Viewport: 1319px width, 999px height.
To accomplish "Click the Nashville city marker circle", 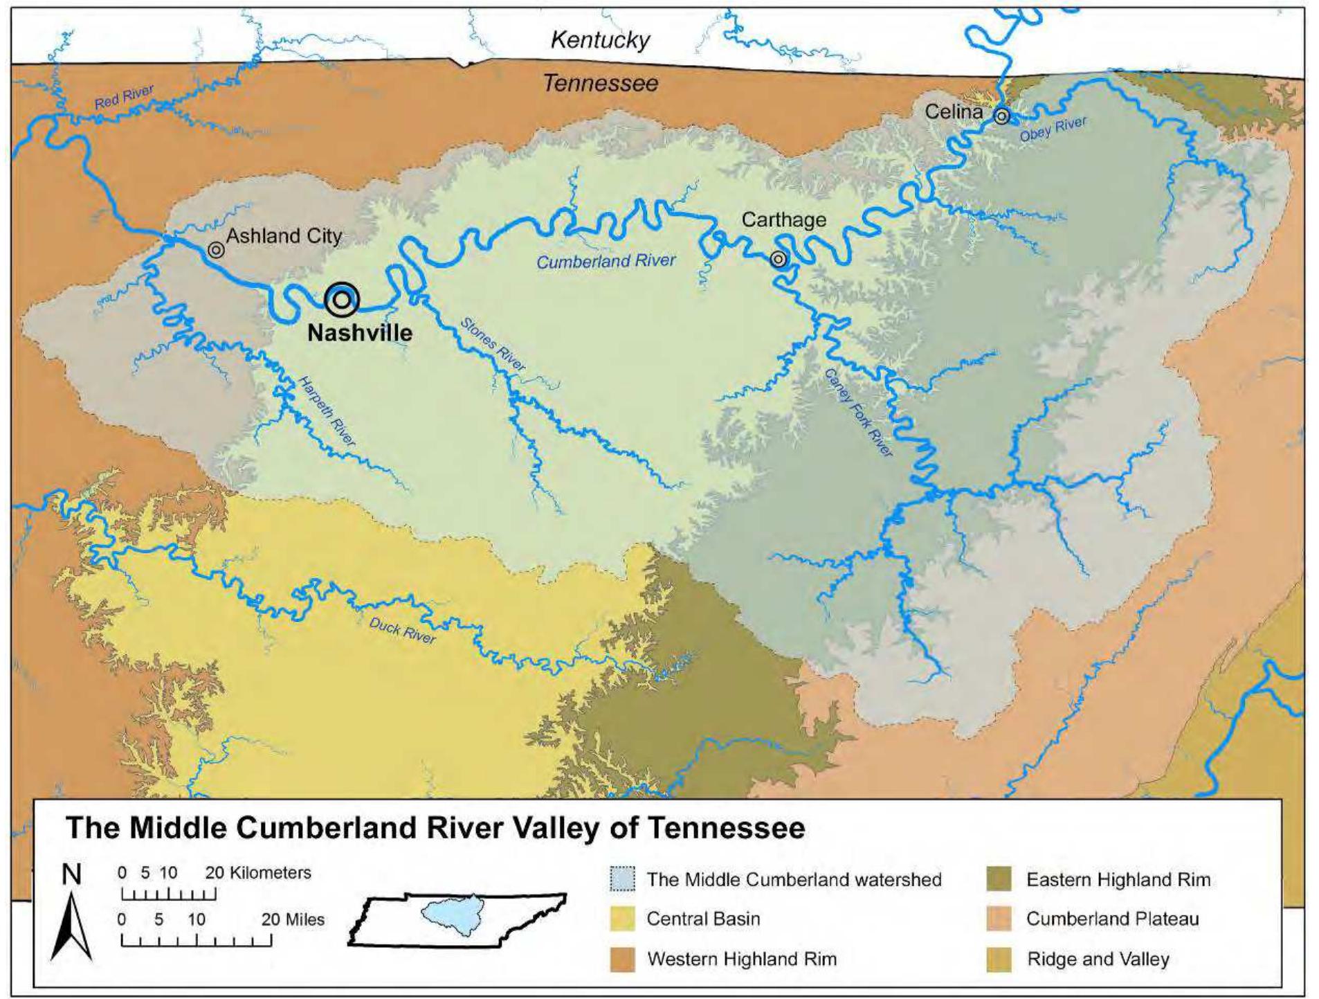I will coord(342,300).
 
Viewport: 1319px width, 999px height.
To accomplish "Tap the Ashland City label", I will coord(284,236).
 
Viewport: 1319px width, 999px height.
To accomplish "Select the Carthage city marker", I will coord(779,259).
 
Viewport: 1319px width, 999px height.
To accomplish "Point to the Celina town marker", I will coord(1001,116).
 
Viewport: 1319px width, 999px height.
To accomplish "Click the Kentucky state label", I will coord(600,40).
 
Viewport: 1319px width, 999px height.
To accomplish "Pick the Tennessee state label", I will coord(600,84).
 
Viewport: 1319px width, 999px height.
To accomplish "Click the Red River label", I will coord(124,97).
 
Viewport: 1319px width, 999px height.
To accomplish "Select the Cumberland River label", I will coord(606,261).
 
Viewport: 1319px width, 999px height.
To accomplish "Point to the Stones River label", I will coord(493,344).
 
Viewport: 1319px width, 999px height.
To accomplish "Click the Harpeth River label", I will coord(327,411).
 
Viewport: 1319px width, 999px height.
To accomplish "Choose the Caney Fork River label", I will coord(858,413).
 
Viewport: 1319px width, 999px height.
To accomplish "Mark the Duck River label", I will coord(402,630).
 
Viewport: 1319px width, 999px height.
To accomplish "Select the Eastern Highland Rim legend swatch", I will coord(999,879).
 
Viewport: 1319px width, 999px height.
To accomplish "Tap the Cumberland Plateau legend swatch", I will coord(999,919).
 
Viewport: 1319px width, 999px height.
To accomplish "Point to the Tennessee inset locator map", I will coord(457,919).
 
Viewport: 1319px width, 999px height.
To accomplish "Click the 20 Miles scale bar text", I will coord(293,919).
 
